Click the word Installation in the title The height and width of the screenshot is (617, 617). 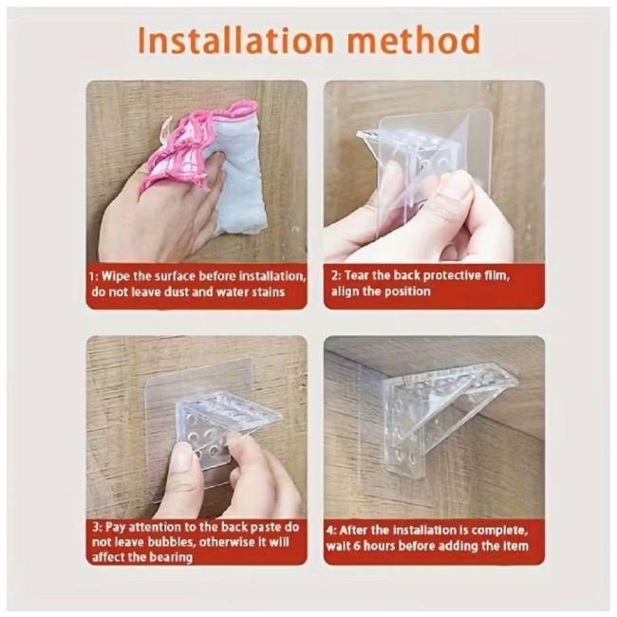click(x=235, y=40)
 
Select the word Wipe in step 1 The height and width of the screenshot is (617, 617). click(x=116, y=276)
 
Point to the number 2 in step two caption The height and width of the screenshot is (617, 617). click(x=335, y=275)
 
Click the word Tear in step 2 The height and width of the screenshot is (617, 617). click(x=356, y=275)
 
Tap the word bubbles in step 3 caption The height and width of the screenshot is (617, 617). click(x=171, y=542)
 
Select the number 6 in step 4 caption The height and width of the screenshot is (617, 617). click(x=357, y=546)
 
